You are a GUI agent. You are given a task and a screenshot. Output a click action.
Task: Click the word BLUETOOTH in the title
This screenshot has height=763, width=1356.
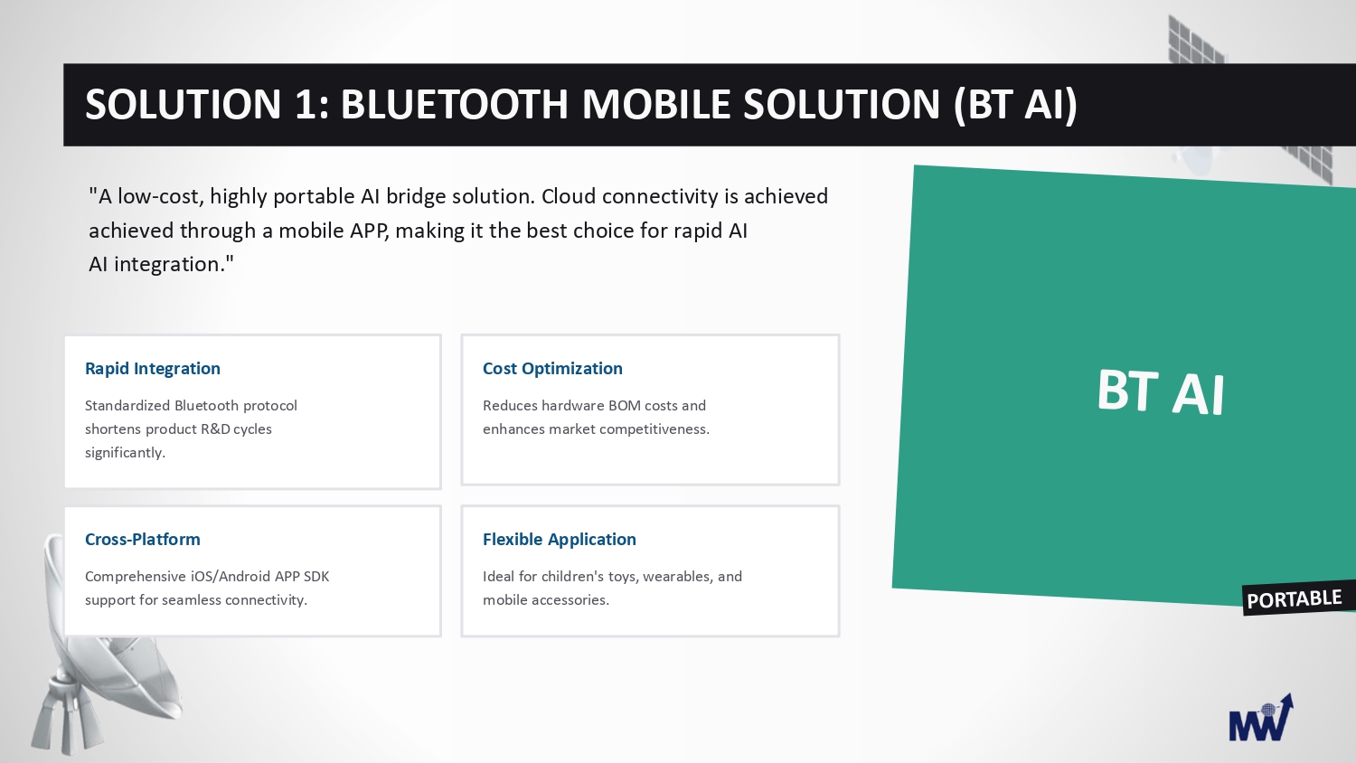click(454, 104)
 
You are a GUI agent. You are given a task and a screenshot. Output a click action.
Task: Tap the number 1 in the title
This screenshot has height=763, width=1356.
click(305, 104)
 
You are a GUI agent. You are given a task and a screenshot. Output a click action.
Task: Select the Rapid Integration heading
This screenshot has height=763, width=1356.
click(153, 369)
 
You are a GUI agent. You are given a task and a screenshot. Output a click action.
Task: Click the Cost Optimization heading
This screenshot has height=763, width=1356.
click(552, 369)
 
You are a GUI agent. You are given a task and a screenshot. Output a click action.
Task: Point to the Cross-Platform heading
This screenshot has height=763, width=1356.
click(142, 540)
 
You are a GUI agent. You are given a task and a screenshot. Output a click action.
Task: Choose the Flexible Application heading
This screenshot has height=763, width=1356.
click(560, 540)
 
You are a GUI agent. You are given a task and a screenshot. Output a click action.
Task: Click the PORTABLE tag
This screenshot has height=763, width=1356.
click(1295, 599)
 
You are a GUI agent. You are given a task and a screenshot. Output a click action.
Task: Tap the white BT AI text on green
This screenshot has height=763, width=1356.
click(1161, 391)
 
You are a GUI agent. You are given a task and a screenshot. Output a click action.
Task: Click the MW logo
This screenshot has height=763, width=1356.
click(1261, 718)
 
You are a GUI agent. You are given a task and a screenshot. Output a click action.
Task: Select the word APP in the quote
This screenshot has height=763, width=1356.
click(370, 231)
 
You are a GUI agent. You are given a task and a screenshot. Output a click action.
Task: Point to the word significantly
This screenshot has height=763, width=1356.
click(125, 454)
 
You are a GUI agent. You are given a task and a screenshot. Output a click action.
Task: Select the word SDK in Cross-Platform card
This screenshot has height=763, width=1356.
click(316, 577)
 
